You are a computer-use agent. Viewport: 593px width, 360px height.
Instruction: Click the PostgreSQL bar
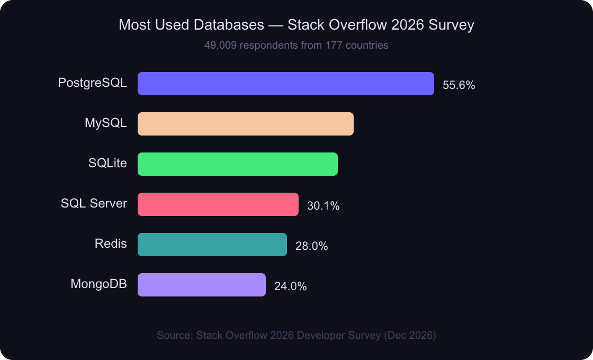click(286, 84)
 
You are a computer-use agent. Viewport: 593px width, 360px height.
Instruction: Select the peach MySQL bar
click(246, 124)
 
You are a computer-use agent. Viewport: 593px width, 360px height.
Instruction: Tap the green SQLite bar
click(238, 164)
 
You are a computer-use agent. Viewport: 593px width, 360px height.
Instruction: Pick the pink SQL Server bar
click(218, 204)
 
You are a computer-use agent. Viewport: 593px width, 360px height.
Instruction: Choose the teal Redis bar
click(212, 245)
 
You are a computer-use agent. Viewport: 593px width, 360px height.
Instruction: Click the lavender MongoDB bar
click(202, 285)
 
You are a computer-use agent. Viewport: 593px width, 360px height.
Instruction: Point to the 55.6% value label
click(459, 85)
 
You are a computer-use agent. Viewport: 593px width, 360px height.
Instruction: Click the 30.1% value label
click(323, 206)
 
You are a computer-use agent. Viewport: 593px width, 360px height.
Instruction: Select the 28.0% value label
click(311, 246)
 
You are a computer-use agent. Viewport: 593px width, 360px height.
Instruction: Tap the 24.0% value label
click(290, 286)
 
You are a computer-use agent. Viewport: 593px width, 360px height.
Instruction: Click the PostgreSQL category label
click(93, 83)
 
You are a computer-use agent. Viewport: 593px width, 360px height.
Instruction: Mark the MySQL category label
click(106, 123)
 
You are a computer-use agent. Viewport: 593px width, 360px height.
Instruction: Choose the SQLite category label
click(107, 163)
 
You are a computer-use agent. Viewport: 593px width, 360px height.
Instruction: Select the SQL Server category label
click(94, 203)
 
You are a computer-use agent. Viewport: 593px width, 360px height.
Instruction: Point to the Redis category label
click(111, 244)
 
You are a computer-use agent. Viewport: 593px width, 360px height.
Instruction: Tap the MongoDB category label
click(98, 284)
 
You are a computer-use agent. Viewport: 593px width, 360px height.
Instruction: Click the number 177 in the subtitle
click(333, 46)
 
